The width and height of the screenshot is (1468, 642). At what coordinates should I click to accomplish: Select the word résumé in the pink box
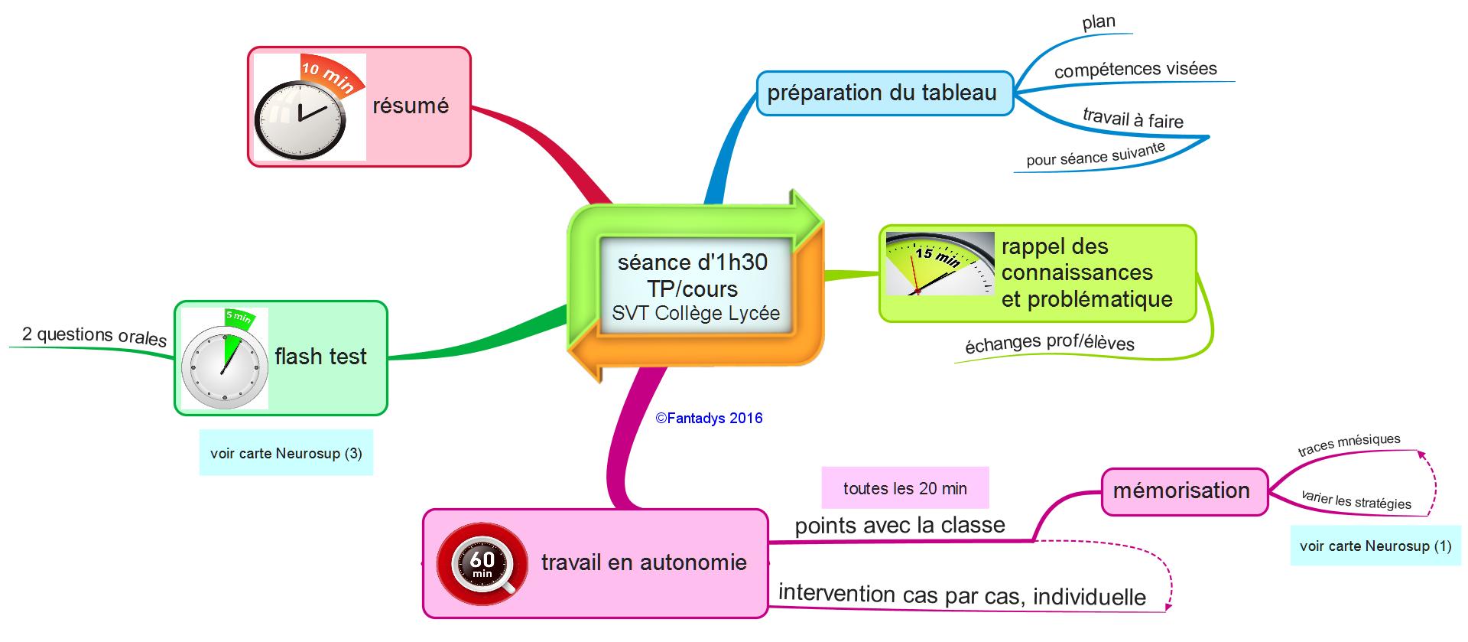coord(411,106)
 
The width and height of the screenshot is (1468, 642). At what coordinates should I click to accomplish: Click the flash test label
coord(320,357)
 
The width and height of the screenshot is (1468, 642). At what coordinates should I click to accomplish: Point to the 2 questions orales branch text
coord(94,335)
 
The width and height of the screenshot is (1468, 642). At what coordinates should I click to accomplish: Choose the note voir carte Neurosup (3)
coord(286,453)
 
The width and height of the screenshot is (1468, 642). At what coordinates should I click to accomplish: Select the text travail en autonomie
coord(644,562)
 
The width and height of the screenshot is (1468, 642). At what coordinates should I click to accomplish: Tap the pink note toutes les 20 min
coord(905,488)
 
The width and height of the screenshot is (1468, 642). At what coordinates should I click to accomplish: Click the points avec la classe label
coord(900,526)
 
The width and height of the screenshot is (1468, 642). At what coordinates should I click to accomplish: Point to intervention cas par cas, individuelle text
coord(962,595)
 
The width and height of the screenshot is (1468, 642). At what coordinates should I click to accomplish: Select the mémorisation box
coord(1181,490)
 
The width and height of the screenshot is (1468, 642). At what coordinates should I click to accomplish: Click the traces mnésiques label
coord(1349,444)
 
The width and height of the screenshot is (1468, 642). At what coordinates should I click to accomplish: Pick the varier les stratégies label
coord(1356,500)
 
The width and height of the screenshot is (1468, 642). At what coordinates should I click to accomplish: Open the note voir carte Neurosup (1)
coord(1375,546)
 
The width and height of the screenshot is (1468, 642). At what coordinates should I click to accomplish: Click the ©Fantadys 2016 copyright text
coord(709,418)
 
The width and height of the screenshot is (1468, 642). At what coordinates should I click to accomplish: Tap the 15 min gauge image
coord(940,264)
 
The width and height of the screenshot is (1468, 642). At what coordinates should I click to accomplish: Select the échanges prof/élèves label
coord(1049,343)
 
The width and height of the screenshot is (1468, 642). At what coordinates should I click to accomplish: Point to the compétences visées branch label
coord(1135,70)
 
